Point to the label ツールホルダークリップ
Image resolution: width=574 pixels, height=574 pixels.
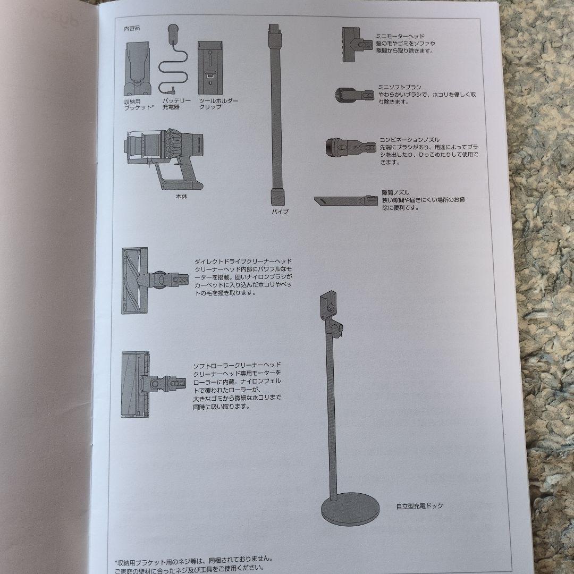218,104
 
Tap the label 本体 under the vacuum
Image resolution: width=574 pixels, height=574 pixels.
182,196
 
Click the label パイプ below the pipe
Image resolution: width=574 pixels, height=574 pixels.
280,211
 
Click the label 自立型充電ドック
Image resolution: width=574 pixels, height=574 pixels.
419,506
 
